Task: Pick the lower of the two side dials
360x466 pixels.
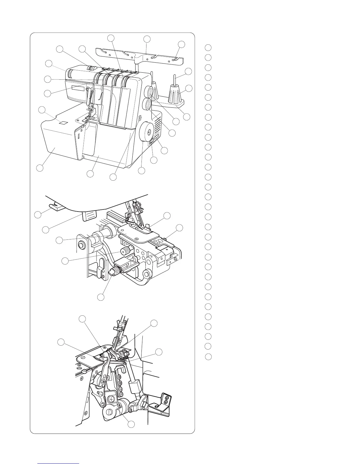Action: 147,104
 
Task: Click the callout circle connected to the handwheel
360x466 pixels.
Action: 142,171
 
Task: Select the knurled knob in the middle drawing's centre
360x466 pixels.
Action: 126,251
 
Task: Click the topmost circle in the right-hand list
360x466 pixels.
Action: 208,48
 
